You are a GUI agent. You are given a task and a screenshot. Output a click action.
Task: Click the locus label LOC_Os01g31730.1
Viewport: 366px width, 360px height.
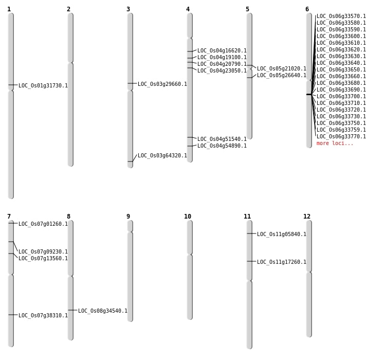[x=43, y=86]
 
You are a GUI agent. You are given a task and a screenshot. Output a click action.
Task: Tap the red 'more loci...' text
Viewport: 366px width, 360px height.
[x=335, y=143]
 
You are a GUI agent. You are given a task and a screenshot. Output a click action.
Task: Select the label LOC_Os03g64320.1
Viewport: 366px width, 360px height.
[x=162, y=156]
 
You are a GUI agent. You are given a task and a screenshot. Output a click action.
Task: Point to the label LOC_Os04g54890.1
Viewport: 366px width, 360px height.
[x=222, y=146]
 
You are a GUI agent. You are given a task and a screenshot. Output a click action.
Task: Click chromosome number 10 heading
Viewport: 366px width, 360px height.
[x=188, y=217]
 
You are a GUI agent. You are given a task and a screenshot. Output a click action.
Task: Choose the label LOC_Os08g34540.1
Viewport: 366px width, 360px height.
[x=103, y=311]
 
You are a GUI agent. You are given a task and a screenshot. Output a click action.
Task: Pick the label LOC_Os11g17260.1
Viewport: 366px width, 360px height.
[x=282, y=262]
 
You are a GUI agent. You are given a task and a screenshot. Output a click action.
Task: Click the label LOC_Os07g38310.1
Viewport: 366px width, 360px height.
[x=43, y=316]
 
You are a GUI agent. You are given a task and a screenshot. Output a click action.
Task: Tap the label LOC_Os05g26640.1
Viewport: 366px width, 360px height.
[x=282, y=76]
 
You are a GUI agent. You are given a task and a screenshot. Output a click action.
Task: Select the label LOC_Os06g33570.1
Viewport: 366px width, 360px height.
[x=341, y=16]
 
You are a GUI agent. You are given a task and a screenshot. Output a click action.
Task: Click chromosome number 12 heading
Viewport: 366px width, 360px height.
[x=307, y=217]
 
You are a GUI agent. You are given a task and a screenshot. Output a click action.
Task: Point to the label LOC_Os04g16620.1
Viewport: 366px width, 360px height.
[x=222, y=51]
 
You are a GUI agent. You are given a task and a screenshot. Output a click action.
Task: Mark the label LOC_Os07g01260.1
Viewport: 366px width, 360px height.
[x=43, y=224]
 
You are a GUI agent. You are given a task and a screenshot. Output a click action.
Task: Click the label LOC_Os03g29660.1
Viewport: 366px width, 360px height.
[x=162, y=84]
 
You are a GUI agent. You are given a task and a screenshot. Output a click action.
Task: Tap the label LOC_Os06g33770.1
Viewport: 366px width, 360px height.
[x=341, y=137]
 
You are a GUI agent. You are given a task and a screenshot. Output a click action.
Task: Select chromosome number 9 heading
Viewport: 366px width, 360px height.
[x=128, y=217]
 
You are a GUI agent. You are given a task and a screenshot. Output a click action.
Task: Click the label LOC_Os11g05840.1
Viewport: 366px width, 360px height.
[x=282, y=235]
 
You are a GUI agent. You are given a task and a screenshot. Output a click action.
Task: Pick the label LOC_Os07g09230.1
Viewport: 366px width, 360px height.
[x=43, y=252]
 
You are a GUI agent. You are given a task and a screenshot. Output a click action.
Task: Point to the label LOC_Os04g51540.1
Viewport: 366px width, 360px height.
[x=222, y=139]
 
